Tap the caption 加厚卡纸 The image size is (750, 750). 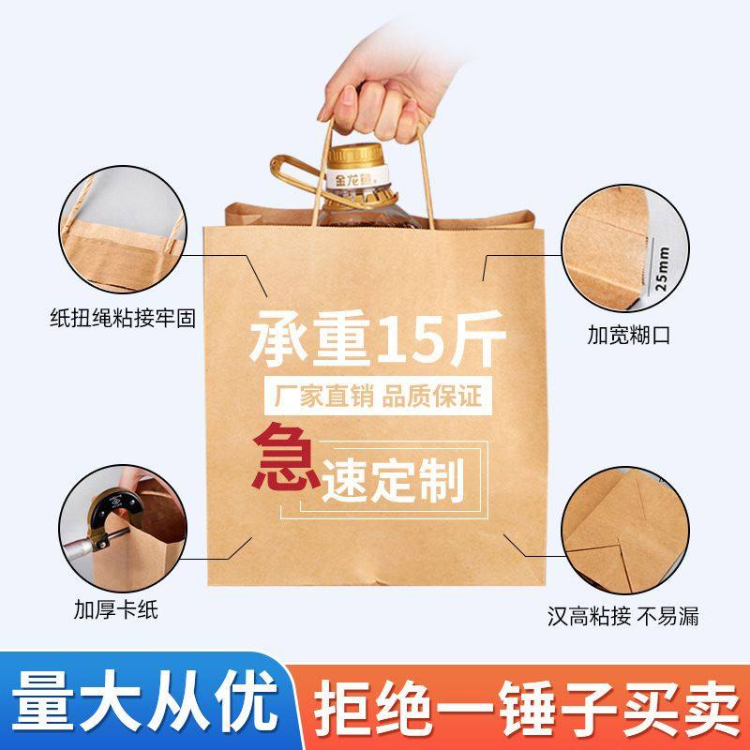[116, 610]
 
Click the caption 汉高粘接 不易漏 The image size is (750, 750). [623, 616]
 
